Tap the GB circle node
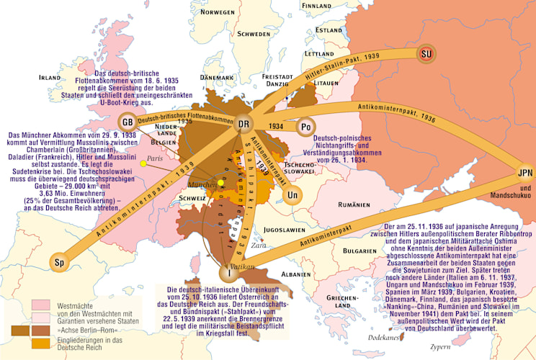tap(127, 121)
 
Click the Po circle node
tap(305, 126)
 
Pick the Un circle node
tap(292, 195)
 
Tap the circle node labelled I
tap(230, 273)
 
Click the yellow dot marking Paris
tap(144, 164)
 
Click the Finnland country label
tap(317, 5)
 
